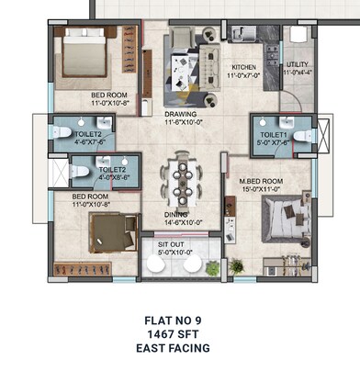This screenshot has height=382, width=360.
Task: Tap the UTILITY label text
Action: [297, 64]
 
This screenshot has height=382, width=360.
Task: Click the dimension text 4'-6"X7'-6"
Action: [71, 142]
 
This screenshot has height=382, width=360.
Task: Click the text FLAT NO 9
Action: [178, 320]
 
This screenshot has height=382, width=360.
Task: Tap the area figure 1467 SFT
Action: [178, 334]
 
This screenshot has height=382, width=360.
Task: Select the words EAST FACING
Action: [178, 348]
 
